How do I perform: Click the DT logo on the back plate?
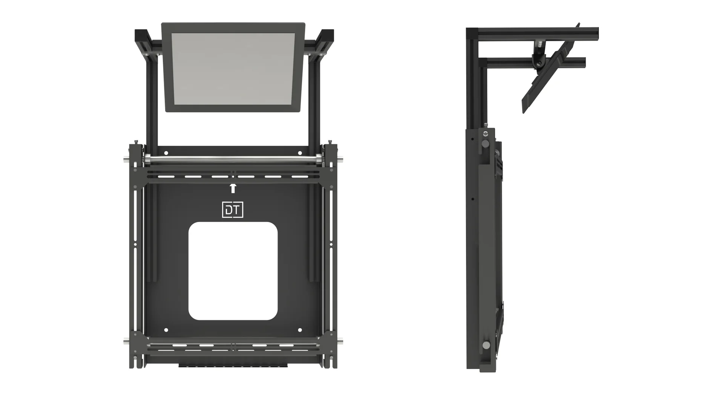[233, 210]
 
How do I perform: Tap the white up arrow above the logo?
[233, 188]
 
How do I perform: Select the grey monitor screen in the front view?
[233, 69]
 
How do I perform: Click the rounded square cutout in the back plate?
[233, 271]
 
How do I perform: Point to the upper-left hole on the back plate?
[166, 153]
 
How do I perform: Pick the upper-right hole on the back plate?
[300, 153]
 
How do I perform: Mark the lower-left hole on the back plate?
[166, 330]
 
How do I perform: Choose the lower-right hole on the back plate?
[300, 330]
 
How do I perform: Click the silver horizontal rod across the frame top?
[233, 160]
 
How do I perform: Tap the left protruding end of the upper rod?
[127, 160]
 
